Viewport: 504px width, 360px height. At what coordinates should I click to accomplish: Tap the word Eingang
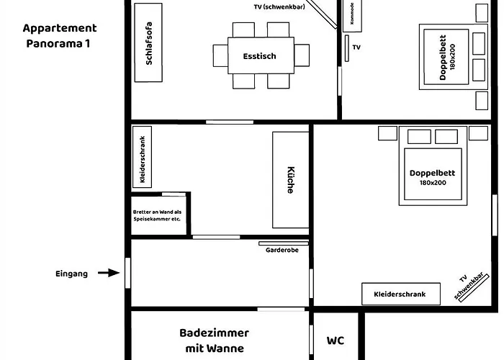(x=71, y=274)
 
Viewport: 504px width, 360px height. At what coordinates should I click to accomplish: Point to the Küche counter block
(x=290, y=179)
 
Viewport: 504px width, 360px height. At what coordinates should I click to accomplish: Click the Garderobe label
(x=283, y=251)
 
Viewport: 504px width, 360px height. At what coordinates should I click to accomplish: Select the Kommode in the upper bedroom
(x=352, y=14)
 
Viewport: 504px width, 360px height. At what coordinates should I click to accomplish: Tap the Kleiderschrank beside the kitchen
(x=143, y=158)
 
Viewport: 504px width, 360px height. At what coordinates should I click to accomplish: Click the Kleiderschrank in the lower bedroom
(x=400, y=294)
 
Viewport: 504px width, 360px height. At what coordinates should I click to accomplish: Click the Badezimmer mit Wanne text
(x=214, y=341)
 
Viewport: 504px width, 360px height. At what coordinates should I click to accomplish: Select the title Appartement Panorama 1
(x=59, y=35)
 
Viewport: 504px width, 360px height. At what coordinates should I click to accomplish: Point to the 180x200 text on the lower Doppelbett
(x=433, y=183)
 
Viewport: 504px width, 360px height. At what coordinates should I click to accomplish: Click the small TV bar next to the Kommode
(x=346, y=48)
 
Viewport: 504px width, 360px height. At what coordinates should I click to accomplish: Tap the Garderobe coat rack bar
(x=283, y=243)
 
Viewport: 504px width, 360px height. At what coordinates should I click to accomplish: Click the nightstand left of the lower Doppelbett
(x=387, y=133)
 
